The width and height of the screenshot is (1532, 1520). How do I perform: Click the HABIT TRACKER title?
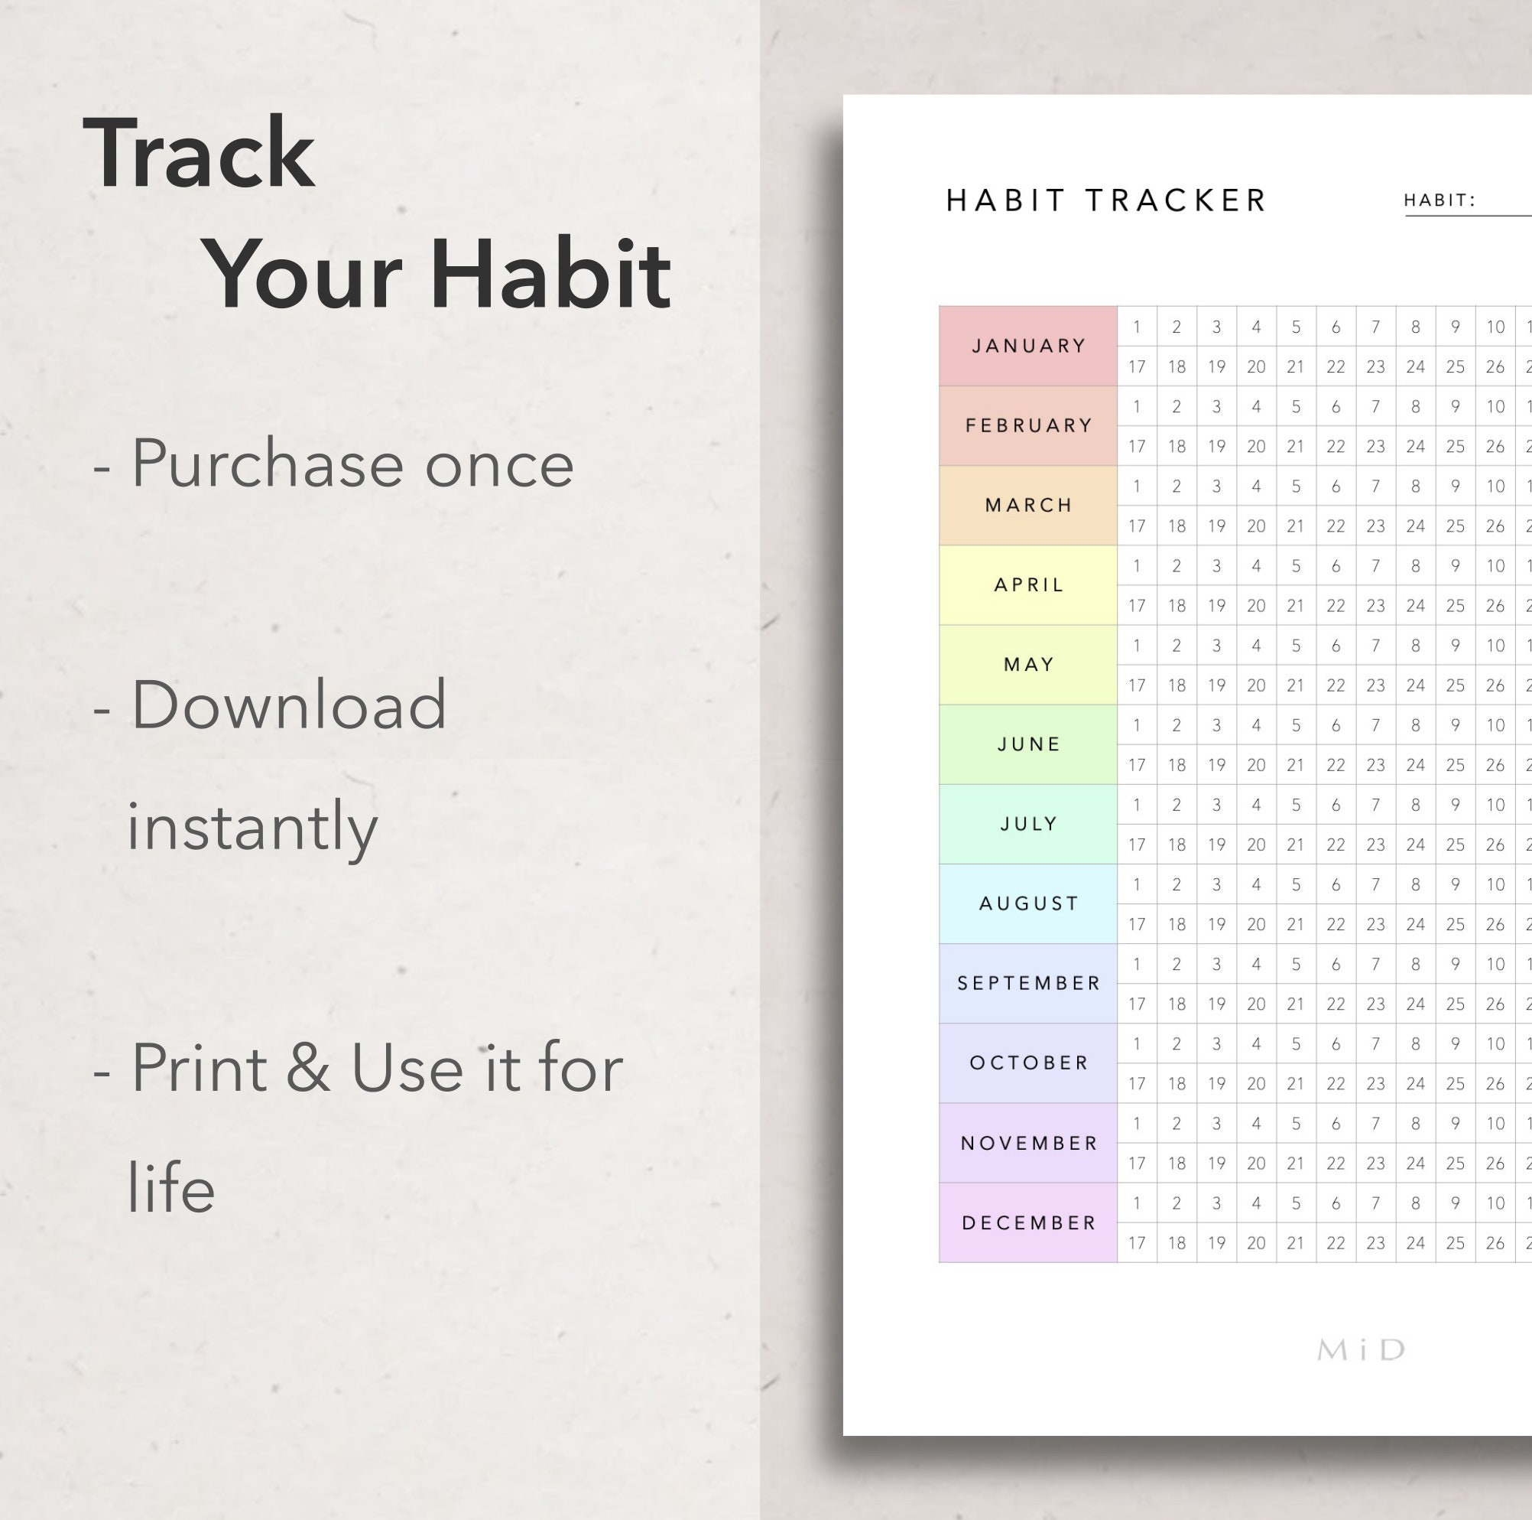pyautogui.click(x=1106, y=200)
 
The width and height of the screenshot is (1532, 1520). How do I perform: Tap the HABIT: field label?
pyautogui.click(x=1439, y=200)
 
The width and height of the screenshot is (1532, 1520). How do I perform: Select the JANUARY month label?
pyautogui.click(x=1028, y=346)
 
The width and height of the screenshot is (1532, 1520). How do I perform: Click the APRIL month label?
pyautogui.click(x=1028, y=584)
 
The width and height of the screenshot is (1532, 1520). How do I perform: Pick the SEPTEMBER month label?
pyautogui.click(x=1028, y=983)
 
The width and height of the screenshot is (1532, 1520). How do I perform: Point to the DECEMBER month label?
pyautogui.click(x=1028, y=1222)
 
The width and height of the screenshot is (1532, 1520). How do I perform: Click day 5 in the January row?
pyautogui.click(x=1296, y=327)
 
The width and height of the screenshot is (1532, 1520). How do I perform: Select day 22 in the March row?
pyautogui.click(x=1336, y=526)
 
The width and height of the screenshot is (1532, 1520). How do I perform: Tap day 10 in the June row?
pyautogui.click(x=1495, y=725)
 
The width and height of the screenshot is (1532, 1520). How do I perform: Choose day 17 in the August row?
pyautogui.click(x=1136, y=924)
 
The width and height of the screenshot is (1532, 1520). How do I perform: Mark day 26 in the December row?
pyautogui.click(x=1495, y=1243)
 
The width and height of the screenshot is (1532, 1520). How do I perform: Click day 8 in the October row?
pyautogui.click(x=1416, y=1044)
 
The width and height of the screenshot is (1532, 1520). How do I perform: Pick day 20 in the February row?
pyautogui.click(x=1256, y=447)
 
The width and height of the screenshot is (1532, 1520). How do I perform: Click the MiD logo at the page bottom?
pyautogui.click(x=1361, y=1349)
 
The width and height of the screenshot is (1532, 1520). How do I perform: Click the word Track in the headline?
pyautogui.click(x=199, y=152)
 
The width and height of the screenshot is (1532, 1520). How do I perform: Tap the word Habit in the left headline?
pyautogui.click(x=550, y=275)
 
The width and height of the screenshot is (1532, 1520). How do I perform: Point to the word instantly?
pyautogui.click(x=252, y=828)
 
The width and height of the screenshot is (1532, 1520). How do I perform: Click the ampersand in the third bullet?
pyautogui.click(x=307, y=1068)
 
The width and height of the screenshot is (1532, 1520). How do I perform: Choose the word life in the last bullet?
pyautogui.click(x=171, y=1187)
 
